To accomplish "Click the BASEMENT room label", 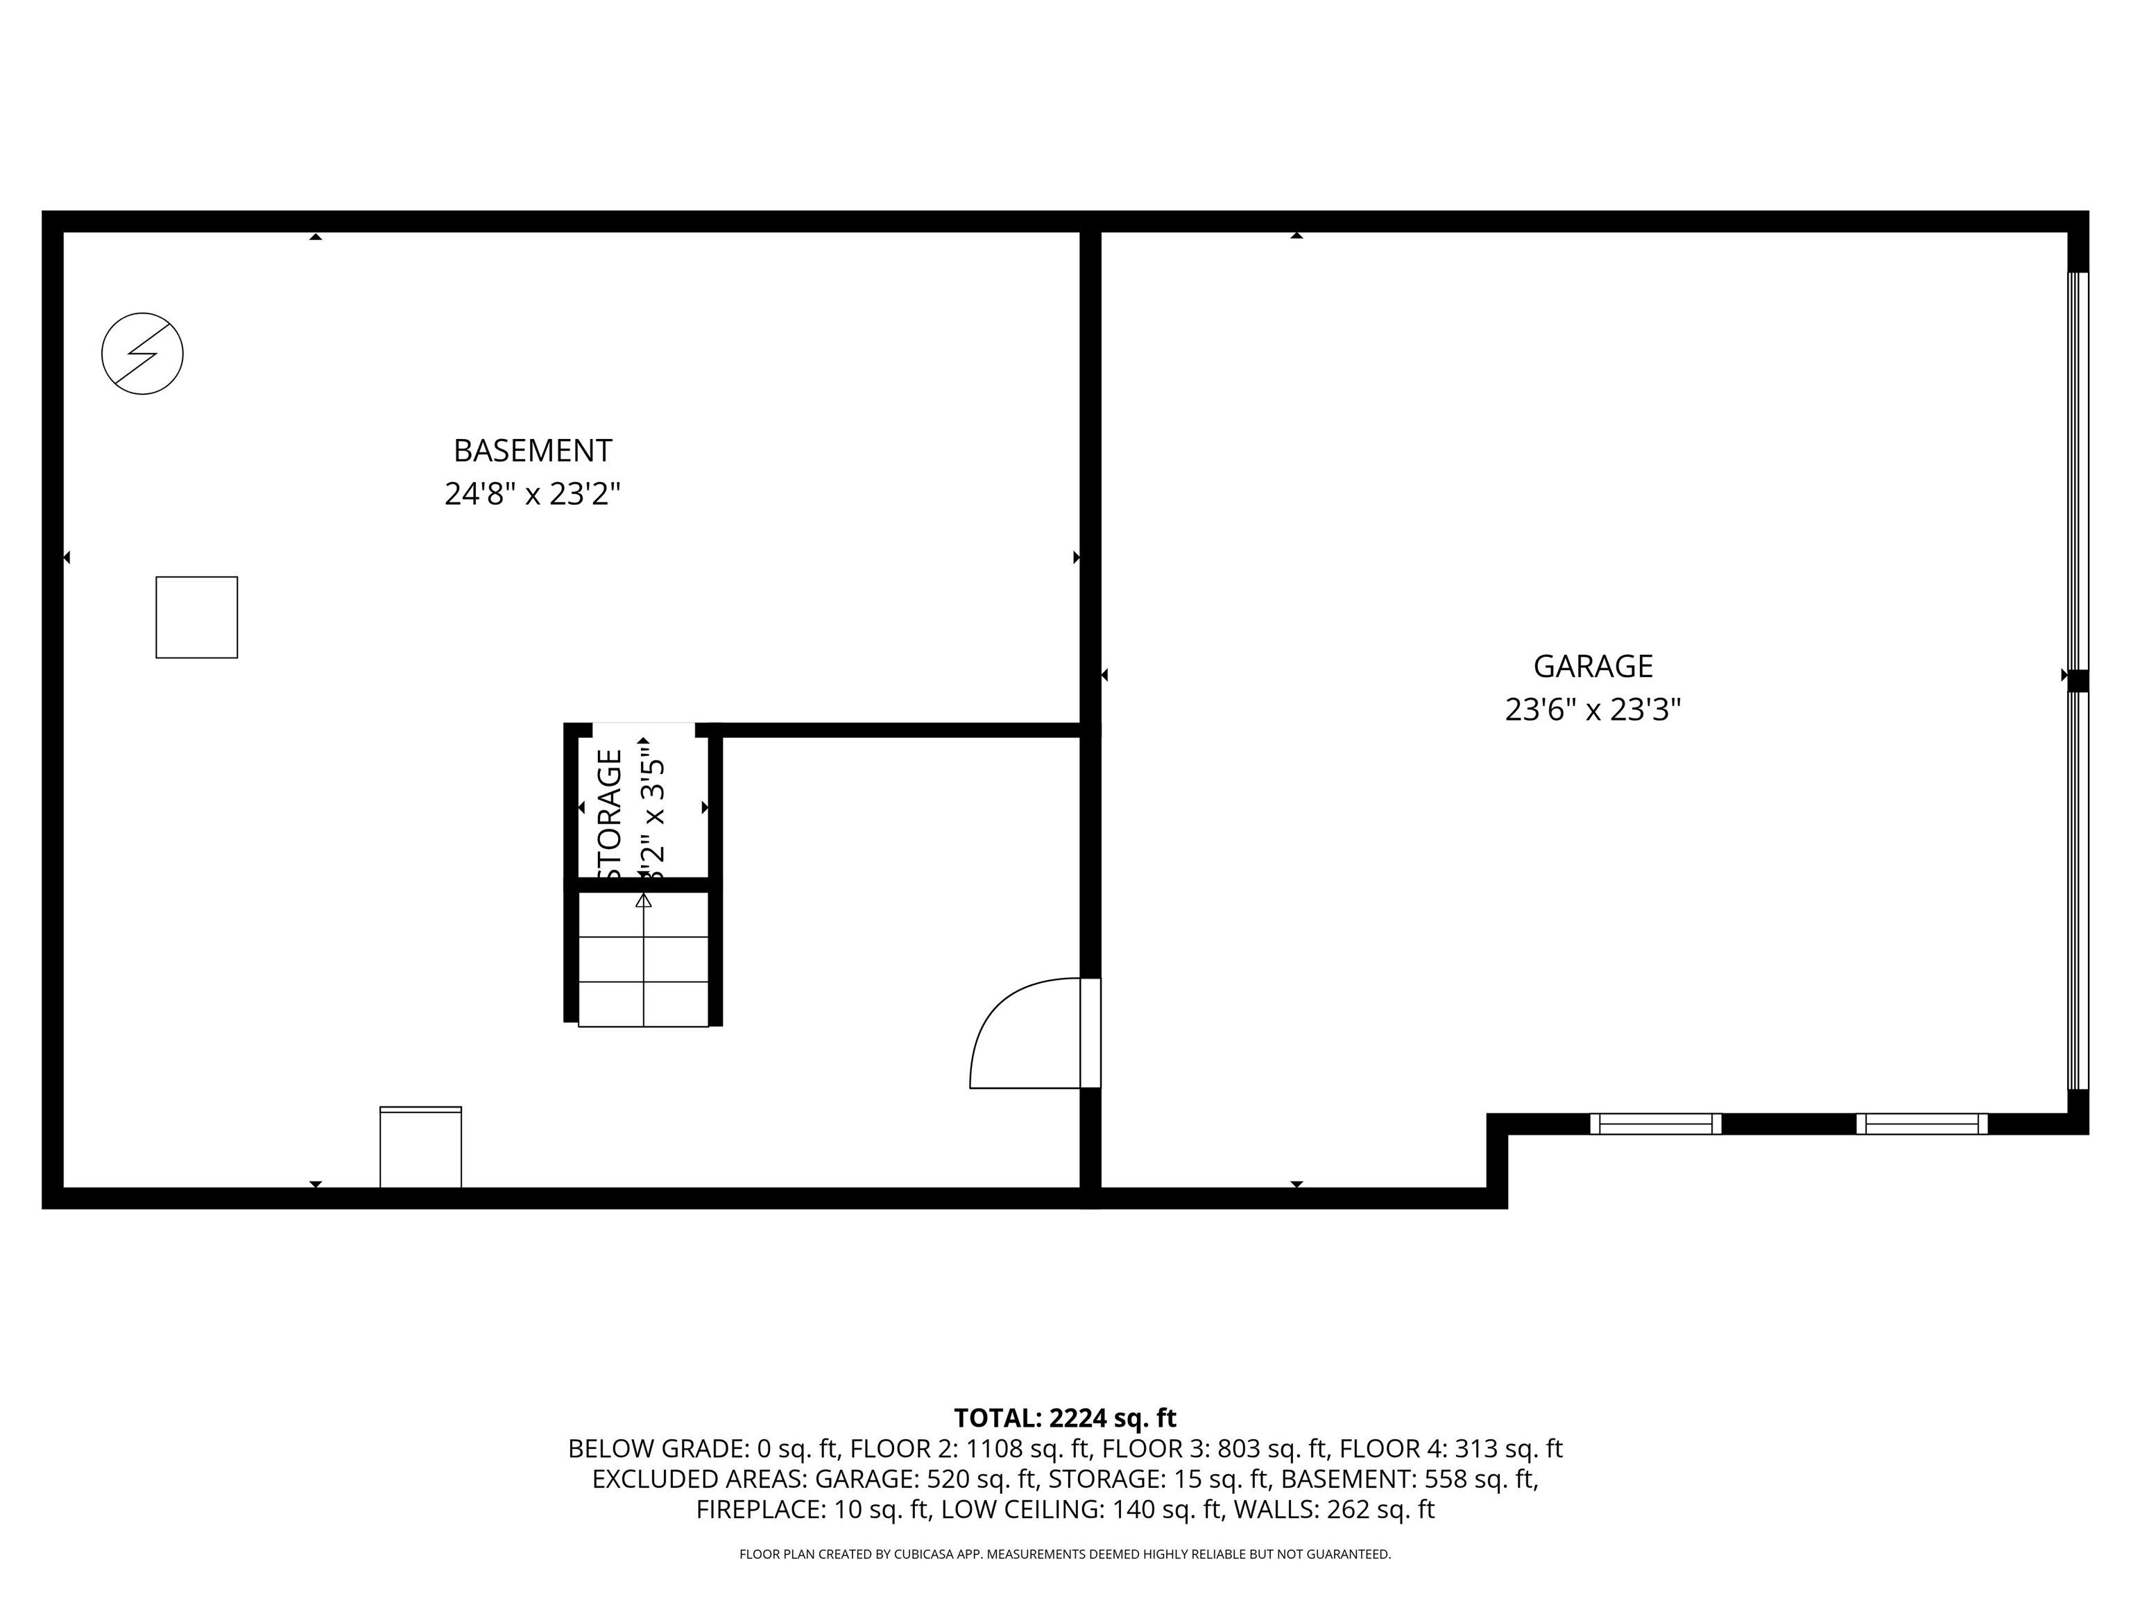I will (532, 451).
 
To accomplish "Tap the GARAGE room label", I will (1593, 667).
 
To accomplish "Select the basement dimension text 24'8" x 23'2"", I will (532, 494).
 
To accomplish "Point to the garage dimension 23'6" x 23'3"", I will (1593, 711).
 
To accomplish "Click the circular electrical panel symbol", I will (143, 354).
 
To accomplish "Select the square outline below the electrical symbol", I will (196, 617).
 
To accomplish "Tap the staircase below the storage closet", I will (642, 959).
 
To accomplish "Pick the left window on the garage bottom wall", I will (1655, 1123).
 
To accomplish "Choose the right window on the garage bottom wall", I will (1921, 1123).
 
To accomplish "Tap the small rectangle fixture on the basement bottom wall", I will (421, 1147).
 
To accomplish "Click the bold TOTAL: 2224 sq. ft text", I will (1065, 1418).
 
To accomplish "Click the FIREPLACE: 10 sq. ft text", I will (813, 1509).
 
